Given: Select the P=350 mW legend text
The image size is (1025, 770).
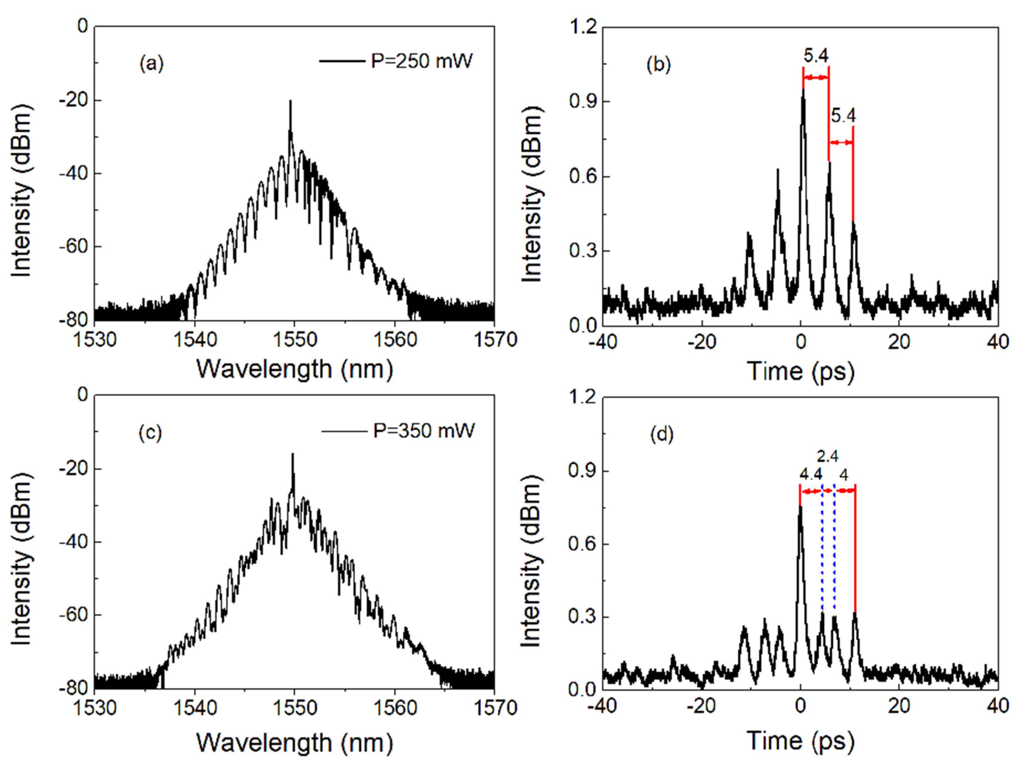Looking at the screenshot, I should coord(424,431).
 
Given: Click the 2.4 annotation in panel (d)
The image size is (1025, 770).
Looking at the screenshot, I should coord(827,457).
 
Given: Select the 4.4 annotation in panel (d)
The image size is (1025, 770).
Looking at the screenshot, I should coord(811,475).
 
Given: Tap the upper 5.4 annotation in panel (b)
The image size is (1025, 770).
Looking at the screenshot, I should coord(815,56).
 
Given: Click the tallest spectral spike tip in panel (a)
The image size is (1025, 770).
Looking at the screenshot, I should coord(290,101).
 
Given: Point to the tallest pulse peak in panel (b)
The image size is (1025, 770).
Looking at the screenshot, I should coord(803,89).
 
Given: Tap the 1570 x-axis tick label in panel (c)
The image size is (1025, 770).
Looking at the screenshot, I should coord(494,708).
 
